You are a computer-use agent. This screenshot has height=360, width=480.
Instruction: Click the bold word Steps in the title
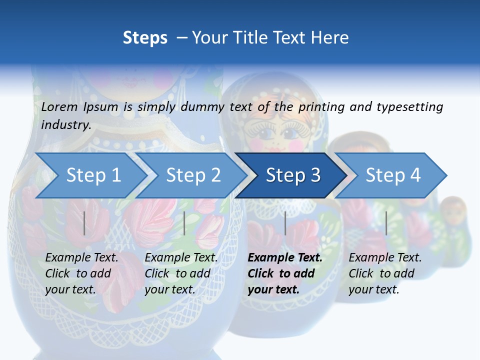tap(145, 37)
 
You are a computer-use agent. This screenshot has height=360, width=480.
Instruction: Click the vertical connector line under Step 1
tap(84, 223)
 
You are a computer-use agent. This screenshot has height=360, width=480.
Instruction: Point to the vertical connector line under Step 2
tap(184, 223)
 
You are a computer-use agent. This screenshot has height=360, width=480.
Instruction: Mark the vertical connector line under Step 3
tap(285, 223)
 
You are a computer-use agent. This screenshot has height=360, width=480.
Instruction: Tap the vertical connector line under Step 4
tap(386, 223)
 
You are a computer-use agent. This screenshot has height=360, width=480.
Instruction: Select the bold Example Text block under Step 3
tap(285, 273)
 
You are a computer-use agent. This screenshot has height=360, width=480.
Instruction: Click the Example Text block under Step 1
tap(81, 273)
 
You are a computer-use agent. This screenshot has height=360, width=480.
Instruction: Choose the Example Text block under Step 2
tap(181, 273)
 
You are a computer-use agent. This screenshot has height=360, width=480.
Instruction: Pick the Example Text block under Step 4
tap(385, 273)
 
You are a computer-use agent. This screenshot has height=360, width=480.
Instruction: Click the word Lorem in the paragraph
tap(59, 106)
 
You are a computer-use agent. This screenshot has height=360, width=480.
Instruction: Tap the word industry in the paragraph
tap(65, 124)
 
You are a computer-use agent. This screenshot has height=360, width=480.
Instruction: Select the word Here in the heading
tap(331, 37)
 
